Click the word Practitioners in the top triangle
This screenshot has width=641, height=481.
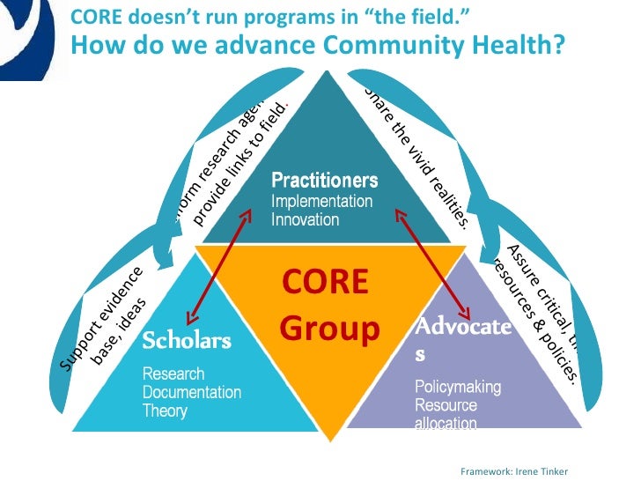(x=324, y=181)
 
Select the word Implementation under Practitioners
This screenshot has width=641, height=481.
(x=321, y=201)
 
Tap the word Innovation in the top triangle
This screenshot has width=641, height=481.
(x=305, y=219)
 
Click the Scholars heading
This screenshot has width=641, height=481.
(x=187, y=340)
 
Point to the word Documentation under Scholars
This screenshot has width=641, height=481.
(x=192, y=392)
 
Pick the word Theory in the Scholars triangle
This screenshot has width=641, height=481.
(x=165, y=411)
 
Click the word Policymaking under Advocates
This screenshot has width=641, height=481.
(x=458, y=387)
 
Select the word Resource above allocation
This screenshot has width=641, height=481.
(x=446, y=405)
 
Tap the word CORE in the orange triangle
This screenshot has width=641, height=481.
(x=324, y=283)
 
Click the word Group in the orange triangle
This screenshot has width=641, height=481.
(x=330, y=328)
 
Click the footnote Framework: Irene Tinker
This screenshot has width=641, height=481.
(x=515, y=471)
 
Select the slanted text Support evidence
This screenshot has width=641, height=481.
(x=98, y=316)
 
